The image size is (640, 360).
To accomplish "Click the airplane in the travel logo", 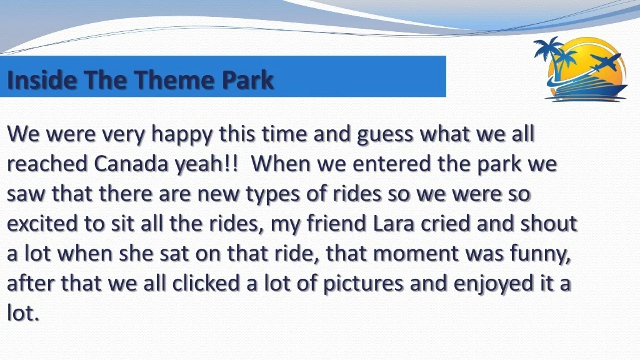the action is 606,62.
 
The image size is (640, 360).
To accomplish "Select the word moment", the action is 416,254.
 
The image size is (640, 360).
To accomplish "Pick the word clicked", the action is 205,283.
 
